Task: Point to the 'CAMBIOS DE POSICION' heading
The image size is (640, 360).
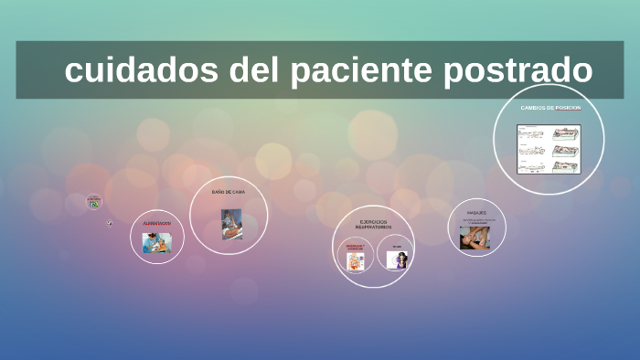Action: [x=550, y=108]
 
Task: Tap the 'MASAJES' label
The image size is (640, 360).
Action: [x=476, y=212]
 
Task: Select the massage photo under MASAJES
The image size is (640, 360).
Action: [x=475, y=236]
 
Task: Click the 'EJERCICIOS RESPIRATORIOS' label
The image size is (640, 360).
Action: [x=373, y=224]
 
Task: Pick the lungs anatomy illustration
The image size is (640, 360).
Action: [x=355, y=260]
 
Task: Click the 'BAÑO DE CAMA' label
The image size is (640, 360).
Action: [x=229, y=192]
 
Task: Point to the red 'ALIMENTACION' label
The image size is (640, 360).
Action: [x=156, y=223]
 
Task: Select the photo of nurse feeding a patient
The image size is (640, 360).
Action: [x=156, y=243]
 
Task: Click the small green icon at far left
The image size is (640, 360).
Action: [x=94, y=204]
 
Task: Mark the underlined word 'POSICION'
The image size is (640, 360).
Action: [x=567, y=108]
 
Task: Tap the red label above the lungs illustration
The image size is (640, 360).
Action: [x=355, y=246]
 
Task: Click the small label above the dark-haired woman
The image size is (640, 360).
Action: [x=396, y=247]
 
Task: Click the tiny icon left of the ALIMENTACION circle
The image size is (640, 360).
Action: [x=110, y=222]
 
